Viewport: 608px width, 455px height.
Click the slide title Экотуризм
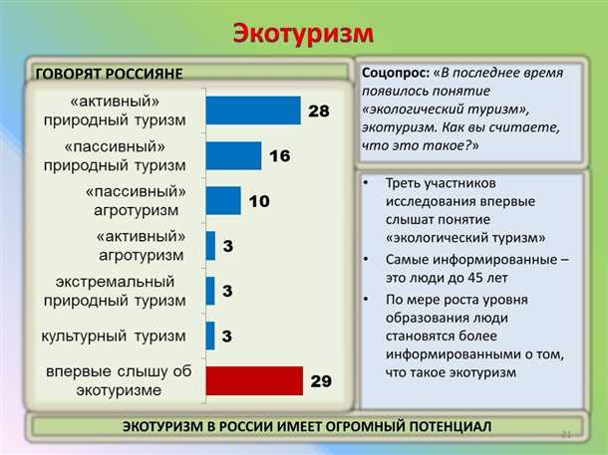click(x=303, y=33)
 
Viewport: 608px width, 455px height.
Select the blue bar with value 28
click(x=253, y=111)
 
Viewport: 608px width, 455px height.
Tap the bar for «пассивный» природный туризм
click(x=233, y=155)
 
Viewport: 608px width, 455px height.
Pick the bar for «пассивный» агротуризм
click(x=223, y=200)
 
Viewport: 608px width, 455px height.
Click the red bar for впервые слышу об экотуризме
click(x=254, y=380)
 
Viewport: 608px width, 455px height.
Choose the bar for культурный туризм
click(x=210, y=336)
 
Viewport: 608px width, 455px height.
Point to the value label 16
click(x=280, y=156)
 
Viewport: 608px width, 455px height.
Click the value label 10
click(x=259, y=201)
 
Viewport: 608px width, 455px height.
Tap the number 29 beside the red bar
click(x=320, y=381)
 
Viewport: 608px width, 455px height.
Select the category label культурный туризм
click(x=114, y=337)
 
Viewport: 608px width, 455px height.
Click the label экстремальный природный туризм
click(x=115, y=291)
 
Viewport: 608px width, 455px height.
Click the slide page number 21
click(x=567, y=434)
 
